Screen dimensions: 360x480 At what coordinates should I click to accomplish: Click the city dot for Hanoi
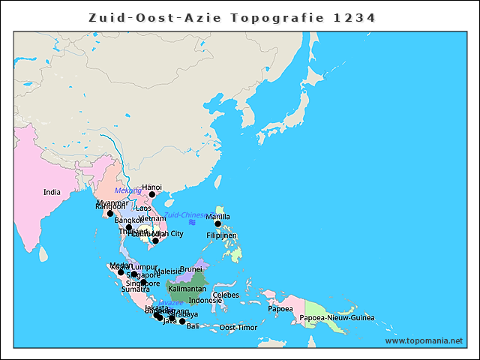point(152,194)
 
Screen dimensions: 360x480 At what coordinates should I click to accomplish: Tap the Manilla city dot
point(218,223)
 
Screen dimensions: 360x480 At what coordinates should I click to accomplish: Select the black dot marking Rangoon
point(110,214)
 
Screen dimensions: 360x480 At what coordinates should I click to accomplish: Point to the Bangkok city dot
point(129,227)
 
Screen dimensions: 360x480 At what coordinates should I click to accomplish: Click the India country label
point(52,192)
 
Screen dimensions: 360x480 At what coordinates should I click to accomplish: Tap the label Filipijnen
point(221,235)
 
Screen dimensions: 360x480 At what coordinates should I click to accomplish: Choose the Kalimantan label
point(187,289)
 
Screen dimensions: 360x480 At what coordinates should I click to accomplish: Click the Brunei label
point(191,269)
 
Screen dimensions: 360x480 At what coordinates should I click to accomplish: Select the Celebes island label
point(226,295)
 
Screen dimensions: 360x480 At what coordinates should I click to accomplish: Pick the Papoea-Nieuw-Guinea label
point(337,318)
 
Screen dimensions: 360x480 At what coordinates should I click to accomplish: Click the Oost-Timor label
point(238,328)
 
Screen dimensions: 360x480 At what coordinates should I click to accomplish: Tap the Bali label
point(193,326)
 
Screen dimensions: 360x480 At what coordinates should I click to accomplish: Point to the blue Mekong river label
point(127,190)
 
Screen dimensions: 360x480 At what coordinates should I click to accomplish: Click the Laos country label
point(144,208)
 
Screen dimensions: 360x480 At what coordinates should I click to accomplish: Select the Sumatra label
point(136,289)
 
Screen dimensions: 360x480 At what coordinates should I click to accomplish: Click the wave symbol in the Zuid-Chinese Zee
point(193,223)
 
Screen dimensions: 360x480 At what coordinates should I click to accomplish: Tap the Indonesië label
point(205,300)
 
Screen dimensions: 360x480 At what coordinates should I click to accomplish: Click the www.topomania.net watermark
point(424,340)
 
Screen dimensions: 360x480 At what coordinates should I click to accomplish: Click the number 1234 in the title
point(355,16)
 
